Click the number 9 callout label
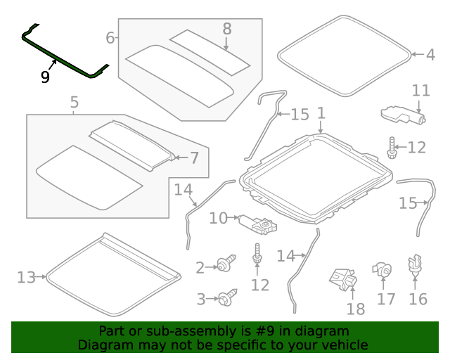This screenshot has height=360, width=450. point(45,77)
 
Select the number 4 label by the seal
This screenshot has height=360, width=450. point(430,54)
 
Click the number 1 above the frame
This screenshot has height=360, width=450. point(321,113)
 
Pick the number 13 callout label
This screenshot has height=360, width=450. point(26,278)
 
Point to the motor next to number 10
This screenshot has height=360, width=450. point(258,224)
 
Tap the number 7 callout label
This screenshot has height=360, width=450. point(194,158)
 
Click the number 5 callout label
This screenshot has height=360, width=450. point(75,103)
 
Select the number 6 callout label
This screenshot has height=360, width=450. point(110,37)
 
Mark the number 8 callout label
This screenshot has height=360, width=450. point(226,29)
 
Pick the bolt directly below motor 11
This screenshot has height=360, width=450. point(390,146)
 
